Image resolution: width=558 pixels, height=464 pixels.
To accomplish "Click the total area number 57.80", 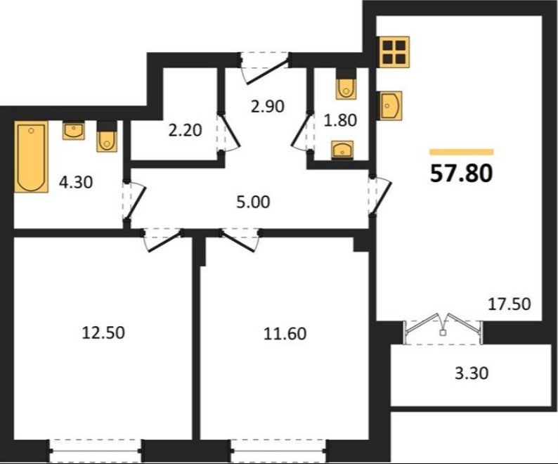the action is (462, 174).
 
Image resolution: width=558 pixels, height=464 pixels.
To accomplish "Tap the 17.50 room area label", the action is (510, 304).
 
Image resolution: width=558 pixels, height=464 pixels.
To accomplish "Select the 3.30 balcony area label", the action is (472, 373).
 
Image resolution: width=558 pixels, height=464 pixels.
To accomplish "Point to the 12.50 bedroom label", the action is (103, 333).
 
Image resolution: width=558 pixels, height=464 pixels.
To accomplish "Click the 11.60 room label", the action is (285, 334).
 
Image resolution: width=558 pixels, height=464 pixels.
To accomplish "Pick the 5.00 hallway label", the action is (253, 202).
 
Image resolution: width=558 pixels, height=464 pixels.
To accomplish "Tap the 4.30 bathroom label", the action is (76, 182).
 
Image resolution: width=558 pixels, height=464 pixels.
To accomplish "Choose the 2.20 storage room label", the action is (185, 130).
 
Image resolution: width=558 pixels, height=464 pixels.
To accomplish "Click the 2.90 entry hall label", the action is (268, 106).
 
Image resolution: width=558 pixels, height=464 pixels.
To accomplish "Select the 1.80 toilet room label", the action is (340, 120).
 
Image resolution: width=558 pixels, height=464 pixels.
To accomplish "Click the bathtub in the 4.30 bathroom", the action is (32, 156).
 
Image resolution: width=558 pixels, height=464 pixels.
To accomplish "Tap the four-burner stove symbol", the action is (394, 51).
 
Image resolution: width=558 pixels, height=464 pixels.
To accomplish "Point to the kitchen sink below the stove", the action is (391, 105).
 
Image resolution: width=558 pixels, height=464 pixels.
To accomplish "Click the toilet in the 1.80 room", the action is (346, 84).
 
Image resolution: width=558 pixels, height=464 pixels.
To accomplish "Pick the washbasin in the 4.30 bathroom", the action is (74, 130).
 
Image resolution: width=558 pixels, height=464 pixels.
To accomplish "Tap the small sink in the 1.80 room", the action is (342, 150).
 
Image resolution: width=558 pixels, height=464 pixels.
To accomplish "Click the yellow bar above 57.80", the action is (462, 152).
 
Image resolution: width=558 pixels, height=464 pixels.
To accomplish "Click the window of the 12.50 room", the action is (95, 451).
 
